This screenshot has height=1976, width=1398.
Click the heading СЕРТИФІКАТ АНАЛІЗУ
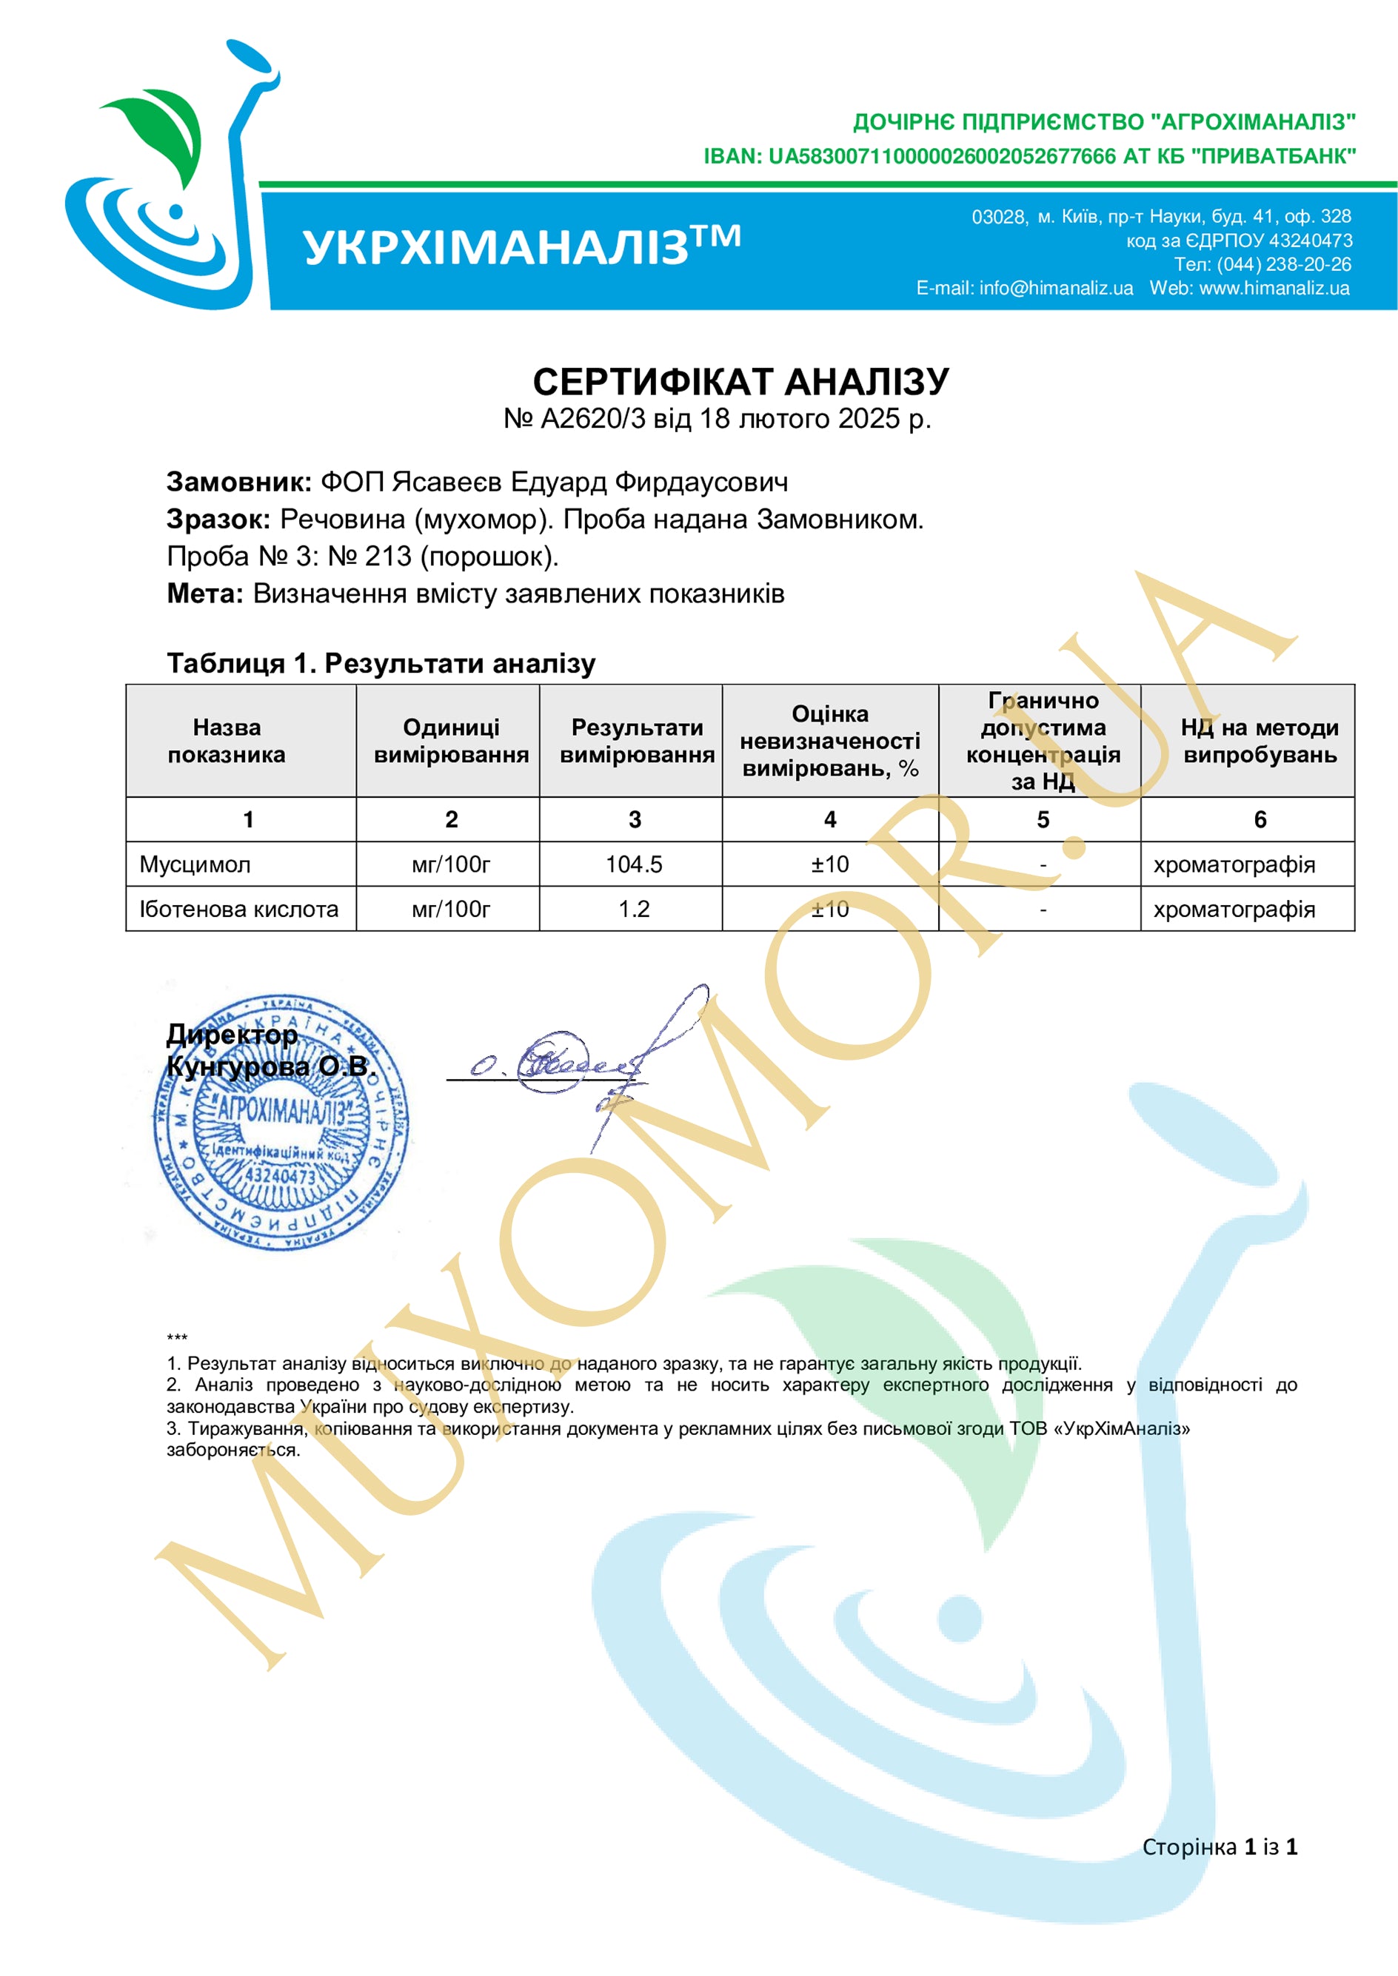(x=740, y=381)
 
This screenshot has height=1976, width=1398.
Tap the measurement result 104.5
(x=634, y=864)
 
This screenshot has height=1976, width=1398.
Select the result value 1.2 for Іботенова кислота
(x=634, y=909)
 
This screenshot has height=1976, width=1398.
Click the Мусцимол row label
(x=195, y=864)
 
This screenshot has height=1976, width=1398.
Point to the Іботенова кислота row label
(x=238, y=909)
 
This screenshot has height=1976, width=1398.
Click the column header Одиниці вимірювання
(x=451, y=741)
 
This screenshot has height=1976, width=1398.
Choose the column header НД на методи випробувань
(x=1259, y=741)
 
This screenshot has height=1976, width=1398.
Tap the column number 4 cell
(x=830, y=819)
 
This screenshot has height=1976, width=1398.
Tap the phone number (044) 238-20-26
(x=1282, y=264)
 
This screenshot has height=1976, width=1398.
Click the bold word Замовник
(x=238, y=482)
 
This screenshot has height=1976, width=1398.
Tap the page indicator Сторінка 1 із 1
(x=1219, y=1847)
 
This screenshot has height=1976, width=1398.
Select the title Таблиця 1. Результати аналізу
(x=381, y=664)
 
